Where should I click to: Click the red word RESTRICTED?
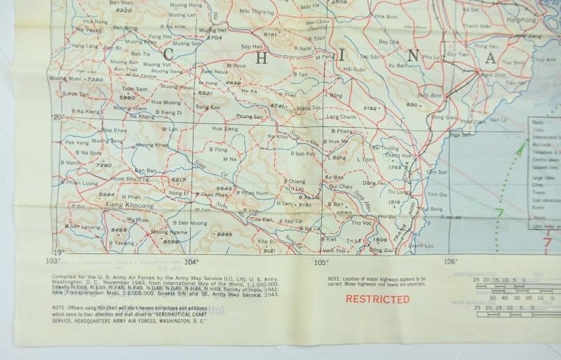(x=378, y=298)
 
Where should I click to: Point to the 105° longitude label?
(x=321, y=262)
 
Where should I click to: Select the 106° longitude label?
(x=450, y=262)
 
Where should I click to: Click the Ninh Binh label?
(x=428, y=94)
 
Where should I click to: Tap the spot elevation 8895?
(x=224, y=234)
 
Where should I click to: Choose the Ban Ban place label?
(x=146, y=171)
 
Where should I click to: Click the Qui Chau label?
(x=339, y=186)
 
